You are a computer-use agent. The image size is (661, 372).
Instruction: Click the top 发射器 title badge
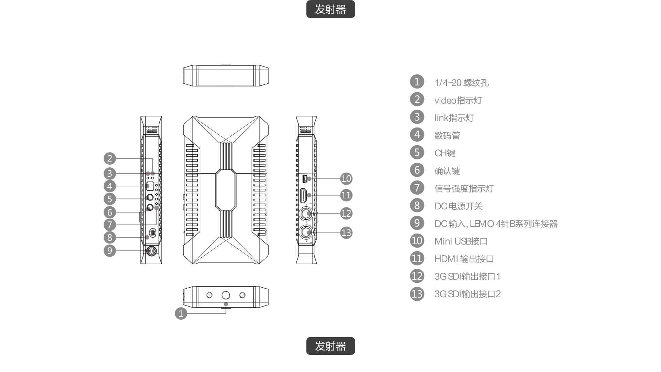(x=330, y=9)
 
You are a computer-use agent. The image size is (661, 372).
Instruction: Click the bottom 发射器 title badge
(x=330, y=346)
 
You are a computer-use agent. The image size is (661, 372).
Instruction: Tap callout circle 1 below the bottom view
(x=181, y=313)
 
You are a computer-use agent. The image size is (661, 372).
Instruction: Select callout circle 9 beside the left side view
(x=109, y=250)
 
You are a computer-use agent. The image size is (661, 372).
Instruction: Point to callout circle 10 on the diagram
(x=346, y=178)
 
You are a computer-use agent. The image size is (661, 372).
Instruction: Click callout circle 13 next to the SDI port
(x=346, y=233)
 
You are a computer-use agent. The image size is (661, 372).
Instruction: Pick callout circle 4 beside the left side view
(x=109, y=186)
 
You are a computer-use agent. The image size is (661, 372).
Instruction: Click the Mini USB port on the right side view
(x=304, y=179)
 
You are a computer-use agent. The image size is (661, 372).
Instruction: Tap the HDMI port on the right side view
(x=304, y=196)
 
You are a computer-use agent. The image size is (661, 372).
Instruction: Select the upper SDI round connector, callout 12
(x=305, y=214)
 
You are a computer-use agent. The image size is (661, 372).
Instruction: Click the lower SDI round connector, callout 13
(x=305, y=232)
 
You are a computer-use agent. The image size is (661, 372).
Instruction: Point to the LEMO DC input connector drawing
(x=151, y=251)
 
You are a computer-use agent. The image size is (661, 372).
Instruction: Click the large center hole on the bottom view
(x=226, y=295)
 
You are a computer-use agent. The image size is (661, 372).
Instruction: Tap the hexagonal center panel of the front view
(x=226, y=190)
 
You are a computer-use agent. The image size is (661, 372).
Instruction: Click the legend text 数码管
(x=447, y=135)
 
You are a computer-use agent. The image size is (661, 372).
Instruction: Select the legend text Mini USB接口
(x=461, y=241)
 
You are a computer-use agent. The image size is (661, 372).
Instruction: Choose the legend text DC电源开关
(x=458, y=206)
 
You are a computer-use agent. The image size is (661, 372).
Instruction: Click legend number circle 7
(x=417, y=188)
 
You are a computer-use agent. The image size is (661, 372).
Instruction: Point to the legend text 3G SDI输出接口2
(x=467, y=294)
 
